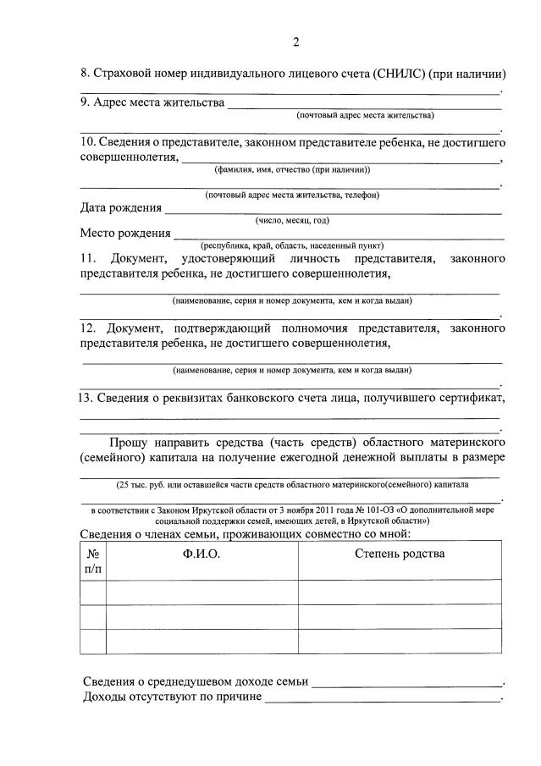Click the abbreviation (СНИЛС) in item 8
[396, 73]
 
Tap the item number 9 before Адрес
[85, 103]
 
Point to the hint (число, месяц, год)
[292, 220]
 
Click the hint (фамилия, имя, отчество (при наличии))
[292, 169]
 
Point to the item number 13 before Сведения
[85, 398]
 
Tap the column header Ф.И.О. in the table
[201, 554]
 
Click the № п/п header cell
[92, 560]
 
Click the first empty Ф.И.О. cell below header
[201, 592]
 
